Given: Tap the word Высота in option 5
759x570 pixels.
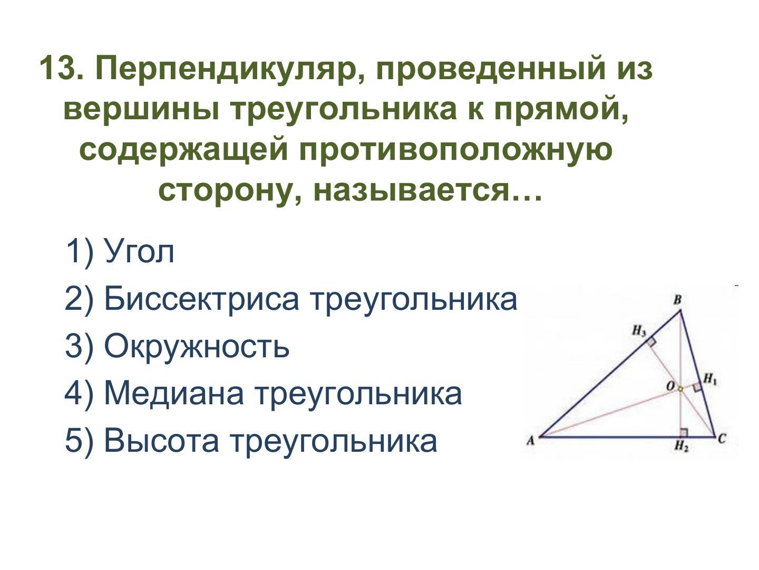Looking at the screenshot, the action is coord(161,441).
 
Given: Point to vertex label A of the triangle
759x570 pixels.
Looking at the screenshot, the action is coord(530,441).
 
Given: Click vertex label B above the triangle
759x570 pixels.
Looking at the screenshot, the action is coord(677,300).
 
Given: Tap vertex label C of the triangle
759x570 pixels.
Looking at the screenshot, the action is coord(722,439).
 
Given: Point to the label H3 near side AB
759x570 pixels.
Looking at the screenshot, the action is coord(639,331).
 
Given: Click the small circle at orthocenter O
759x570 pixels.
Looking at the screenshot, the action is coord(680,389).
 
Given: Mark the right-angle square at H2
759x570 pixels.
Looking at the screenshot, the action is coord(684,432).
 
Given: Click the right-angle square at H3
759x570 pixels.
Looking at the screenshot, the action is coord(651,342).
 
